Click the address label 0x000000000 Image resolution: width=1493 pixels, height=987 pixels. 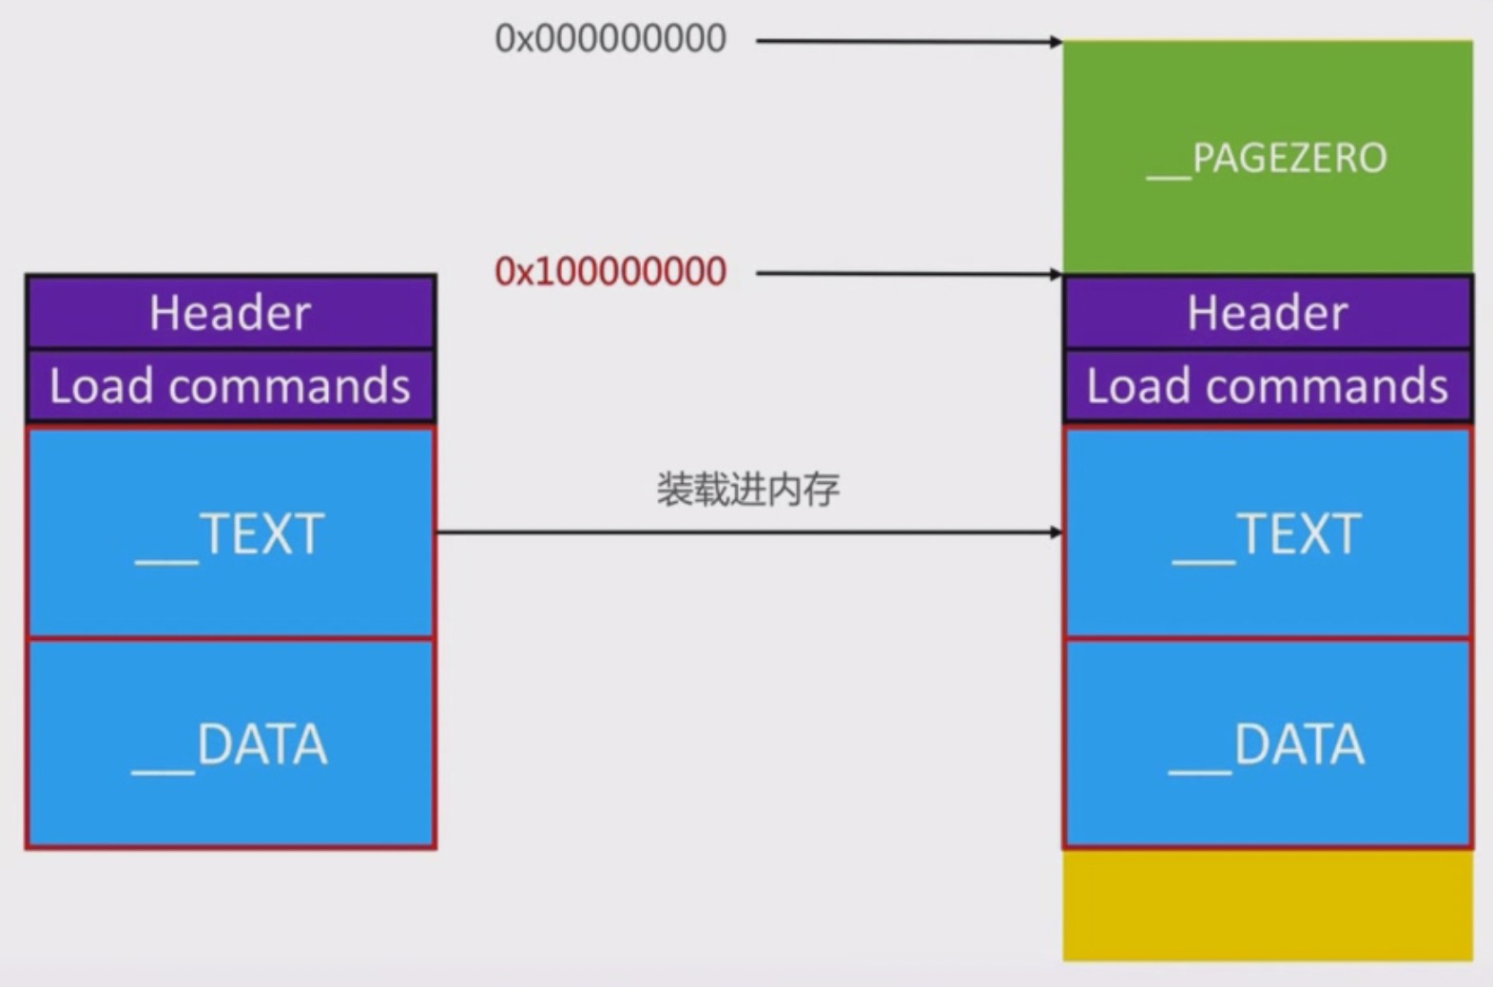tap(611, 39)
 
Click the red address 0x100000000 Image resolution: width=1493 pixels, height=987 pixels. tap(611, 272)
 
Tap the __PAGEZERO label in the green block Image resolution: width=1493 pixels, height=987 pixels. tap(1267, 158)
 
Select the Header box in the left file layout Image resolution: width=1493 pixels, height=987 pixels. tap(230, 313)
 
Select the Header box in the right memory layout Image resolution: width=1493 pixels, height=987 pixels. tap(1268, 313)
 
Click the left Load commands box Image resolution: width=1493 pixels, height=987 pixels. tap(230, 386)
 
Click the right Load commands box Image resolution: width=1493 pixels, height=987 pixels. tap(1268, 386)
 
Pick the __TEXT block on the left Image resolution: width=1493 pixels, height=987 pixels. tap(230, 532)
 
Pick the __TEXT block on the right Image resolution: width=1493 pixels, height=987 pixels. tap(1268, 532)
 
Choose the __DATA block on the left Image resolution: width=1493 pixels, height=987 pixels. tap(230, 744)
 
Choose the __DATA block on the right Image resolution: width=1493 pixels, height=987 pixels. tap(1268, 744)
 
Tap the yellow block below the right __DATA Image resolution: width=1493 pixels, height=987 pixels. tap(1268, 904)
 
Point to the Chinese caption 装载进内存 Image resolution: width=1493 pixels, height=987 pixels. tap(747, 490)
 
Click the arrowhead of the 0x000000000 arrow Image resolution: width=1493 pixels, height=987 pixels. tap(1056, 42)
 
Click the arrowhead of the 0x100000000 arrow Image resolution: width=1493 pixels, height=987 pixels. tap(1056, 275)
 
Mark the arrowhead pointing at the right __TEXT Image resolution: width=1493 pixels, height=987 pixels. tap(1056, 532)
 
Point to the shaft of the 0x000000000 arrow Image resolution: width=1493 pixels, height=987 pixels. tap(903, 41)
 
